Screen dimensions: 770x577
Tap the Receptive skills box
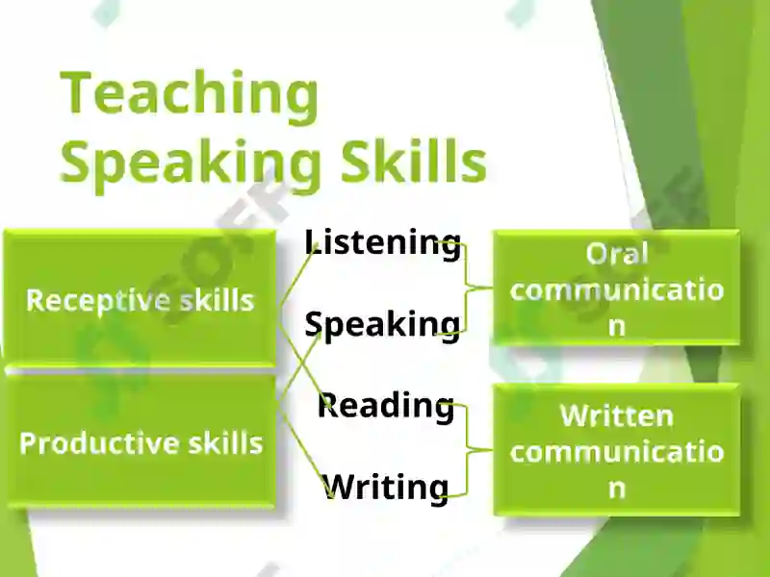click(140, 298)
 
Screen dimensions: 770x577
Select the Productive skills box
click(140, 440)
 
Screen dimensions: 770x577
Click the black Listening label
click(383, 242)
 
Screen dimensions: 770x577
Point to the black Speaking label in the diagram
click(382, 325)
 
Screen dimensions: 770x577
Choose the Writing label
click(386, 488)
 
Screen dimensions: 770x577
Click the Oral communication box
click(617, 288)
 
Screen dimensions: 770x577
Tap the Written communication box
click(617, 449)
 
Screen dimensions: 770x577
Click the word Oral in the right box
click(617, 254)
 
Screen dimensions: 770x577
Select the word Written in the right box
click(617, 415)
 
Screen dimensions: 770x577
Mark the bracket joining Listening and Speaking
click(467, 288)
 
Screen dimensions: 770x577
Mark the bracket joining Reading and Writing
click(467, 449)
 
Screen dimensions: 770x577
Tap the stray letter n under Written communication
click(617, 489)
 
